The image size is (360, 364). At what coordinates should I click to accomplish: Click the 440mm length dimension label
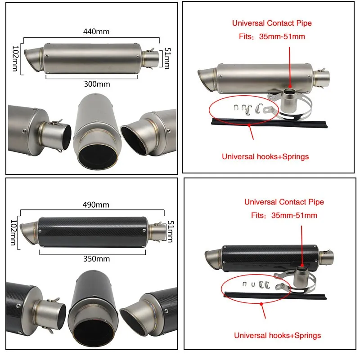pyautogui.click(x=96, y=31)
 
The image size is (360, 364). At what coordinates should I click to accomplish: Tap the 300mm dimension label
pyautogui.click(x=97, y=84)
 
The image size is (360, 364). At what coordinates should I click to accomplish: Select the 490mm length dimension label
pyautogui.click(x=96, y=205)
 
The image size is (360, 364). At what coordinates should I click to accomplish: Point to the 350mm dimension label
pyautogui.click(x=97, y=259)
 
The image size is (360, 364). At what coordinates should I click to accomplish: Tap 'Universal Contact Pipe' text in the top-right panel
pyautogui.click(x=271, y=23)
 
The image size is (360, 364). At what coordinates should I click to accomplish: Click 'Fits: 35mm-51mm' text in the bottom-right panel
pyautogui.click(x=284, y=216)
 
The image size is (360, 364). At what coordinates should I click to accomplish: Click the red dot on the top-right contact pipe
pyautogui.click(x=290, y=85)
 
